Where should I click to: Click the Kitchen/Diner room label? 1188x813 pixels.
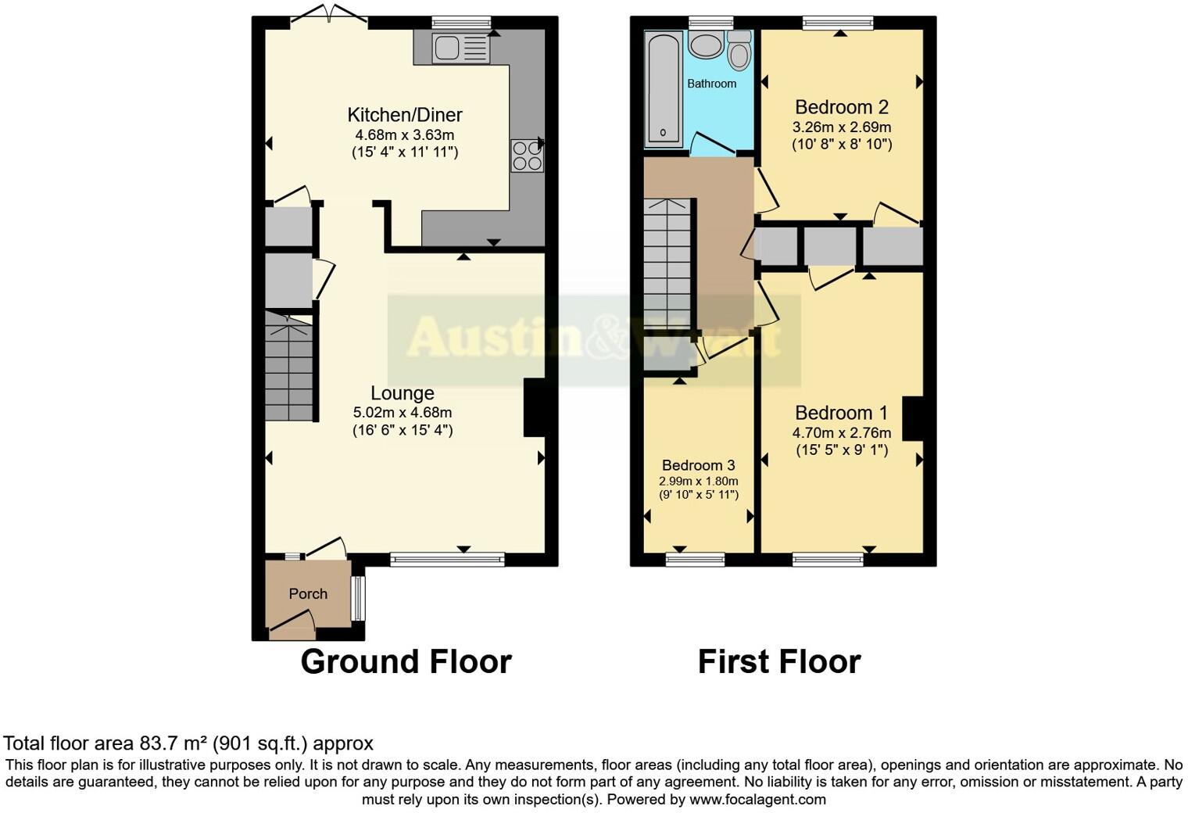click(x=405, y=115)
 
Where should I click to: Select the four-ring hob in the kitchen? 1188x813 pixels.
click(x=527, y=155)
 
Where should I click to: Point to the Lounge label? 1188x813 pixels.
click(x=402, y=393)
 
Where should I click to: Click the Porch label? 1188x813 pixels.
click(x=308, y=594)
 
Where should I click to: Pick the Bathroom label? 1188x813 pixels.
click(x=711, y=84)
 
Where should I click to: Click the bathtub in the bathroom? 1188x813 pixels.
click(x=664, y=88)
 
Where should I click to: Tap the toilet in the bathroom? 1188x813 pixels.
click(x=738, y=50)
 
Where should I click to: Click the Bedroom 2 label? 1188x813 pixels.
click(x=842, y=107)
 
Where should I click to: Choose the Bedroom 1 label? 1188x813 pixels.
click(x=842, y=413)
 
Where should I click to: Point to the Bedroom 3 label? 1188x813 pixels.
click(x=698, y=465)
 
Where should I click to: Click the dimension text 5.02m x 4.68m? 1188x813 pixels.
click(x=403, y=413)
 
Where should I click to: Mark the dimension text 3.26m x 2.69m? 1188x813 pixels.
click(x=842, y=127)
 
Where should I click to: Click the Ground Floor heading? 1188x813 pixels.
click(x=406, y=662)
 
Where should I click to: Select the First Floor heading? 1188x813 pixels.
click(x=779, y=662)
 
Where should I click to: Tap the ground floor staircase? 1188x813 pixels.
click(x=288, y=367)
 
